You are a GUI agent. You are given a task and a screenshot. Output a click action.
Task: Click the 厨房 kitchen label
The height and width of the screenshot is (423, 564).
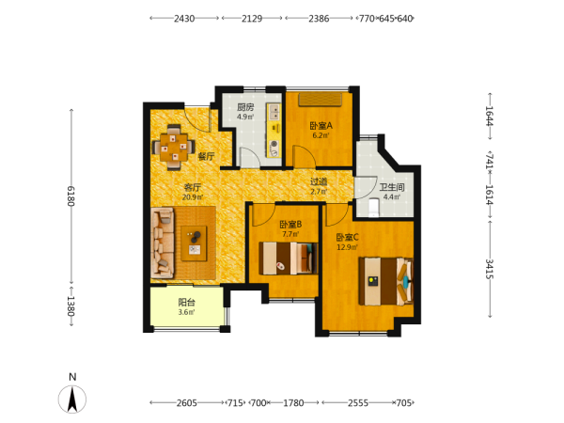point(245,107)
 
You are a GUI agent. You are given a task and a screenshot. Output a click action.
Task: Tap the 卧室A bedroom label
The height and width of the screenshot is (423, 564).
point(321,126)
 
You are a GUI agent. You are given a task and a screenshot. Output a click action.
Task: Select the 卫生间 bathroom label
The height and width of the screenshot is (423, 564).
point(392,187)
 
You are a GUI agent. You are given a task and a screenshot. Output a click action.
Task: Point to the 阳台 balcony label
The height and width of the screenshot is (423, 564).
point(187,303)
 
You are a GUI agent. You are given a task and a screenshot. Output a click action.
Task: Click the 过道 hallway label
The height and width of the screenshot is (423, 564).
point(319,182)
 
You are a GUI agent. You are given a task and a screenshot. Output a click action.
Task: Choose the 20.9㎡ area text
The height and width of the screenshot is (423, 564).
point(193,197)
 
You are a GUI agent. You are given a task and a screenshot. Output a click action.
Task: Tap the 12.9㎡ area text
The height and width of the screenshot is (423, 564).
point(347,247)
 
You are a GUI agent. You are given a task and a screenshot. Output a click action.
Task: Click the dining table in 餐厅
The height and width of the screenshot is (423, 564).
point(174,148)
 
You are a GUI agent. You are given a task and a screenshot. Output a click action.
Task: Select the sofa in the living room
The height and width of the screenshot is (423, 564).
point(163,243)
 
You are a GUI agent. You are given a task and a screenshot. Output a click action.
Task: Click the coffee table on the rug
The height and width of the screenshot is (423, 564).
point(194,243)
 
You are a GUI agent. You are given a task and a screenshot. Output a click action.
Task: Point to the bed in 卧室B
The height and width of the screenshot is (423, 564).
point(289,258)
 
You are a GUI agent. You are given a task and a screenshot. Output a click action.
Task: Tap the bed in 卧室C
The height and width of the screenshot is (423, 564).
point(386,281)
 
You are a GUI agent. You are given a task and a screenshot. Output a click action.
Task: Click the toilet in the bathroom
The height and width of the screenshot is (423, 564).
point(374,208)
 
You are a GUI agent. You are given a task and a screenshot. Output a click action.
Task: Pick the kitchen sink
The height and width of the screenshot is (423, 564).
point(274,112)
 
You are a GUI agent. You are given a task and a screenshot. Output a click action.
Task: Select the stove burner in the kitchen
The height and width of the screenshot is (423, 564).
point(274,144)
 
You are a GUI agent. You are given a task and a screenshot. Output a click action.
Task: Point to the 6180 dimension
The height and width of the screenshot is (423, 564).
point(70,196)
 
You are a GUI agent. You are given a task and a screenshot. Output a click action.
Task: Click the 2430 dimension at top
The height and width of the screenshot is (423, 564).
point(184,19)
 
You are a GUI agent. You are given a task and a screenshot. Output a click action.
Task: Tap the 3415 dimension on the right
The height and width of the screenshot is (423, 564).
point(490,269)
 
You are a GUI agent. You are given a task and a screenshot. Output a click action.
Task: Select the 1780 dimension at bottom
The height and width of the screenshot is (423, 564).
point(293,403)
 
